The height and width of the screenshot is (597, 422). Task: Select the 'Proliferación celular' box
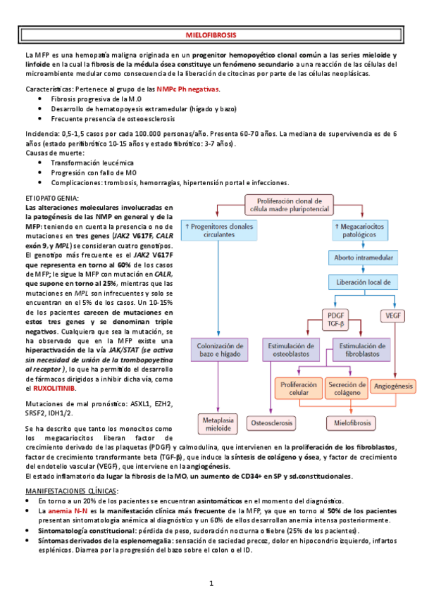point(299,390)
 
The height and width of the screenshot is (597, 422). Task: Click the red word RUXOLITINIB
point(56,389)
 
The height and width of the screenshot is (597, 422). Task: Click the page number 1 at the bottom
point(211,584)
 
